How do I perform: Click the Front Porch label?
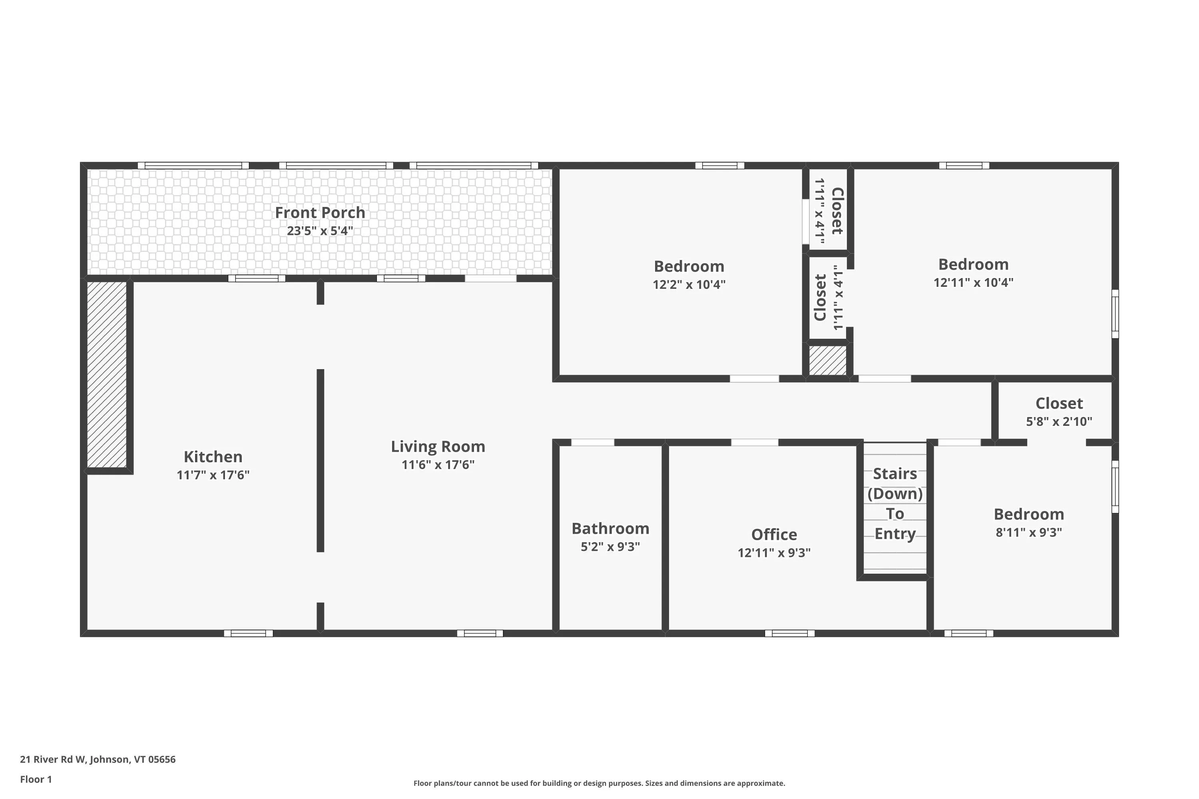pos(320,213)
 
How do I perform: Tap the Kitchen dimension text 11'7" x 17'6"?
pos(213,475)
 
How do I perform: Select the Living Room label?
pos(438,446)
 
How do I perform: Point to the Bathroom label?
pos(610,529)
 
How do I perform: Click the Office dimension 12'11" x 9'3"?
pos(774,553)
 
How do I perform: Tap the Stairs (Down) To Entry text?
pos(895,503)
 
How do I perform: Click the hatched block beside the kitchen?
pos(107,375)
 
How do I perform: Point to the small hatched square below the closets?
pos(828,361)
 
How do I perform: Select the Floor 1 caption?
pos(36,779)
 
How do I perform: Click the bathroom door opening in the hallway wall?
pos(592,442)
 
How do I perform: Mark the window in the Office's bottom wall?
pos(790,633)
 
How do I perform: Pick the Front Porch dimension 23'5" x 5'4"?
pos(320,231)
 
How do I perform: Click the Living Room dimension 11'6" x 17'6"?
pos(438,465)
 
